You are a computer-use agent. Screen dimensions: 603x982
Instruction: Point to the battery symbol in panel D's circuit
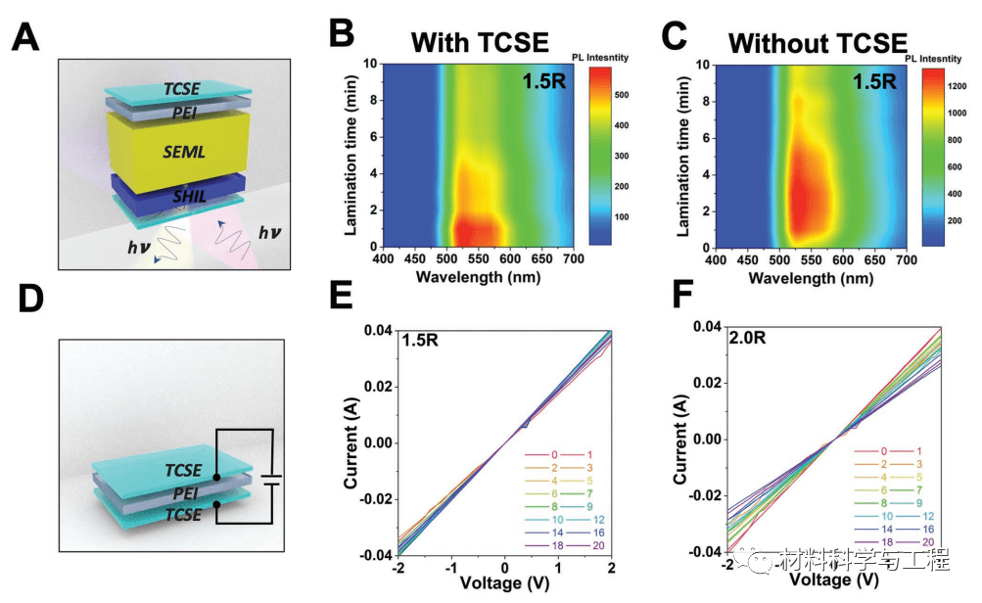271,481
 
